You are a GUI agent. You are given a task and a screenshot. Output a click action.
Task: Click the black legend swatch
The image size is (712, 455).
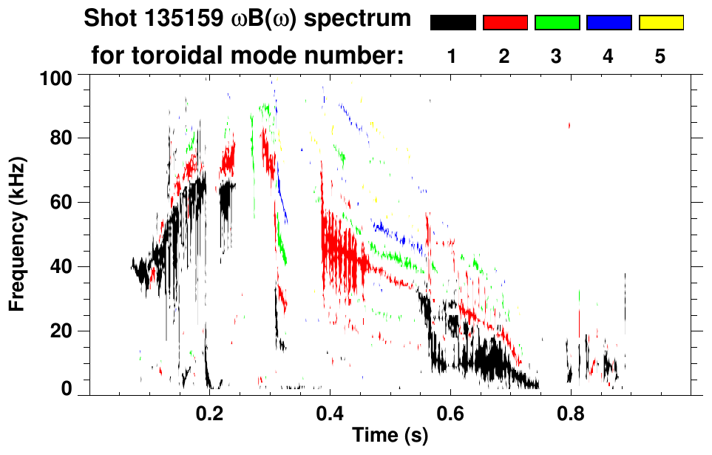(x=453, y=23)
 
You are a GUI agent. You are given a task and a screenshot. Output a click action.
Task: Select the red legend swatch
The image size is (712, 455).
(x=505, y=23)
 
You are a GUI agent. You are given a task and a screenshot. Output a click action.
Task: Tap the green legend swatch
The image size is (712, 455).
(x=557, y=23)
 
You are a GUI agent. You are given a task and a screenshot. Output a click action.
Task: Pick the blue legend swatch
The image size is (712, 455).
(x=608, y=23)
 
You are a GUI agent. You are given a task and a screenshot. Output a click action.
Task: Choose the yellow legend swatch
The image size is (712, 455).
(x=660, y=23)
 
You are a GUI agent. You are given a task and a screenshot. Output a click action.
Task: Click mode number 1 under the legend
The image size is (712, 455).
(x=452, y=56)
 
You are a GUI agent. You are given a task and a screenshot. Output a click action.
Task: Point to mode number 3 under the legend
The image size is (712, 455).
(x=556, y=56)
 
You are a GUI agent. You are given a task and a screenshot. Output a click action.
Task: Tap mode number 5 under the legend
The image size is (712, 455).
(x=660, y=56)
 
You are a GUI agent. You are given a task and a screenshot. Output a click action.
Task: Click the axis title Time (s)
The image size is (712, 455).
(x=389, y=436)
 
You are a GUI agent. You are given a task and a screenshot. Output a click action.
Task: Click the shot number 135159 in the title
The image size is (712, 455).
(x=178, y=18)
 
